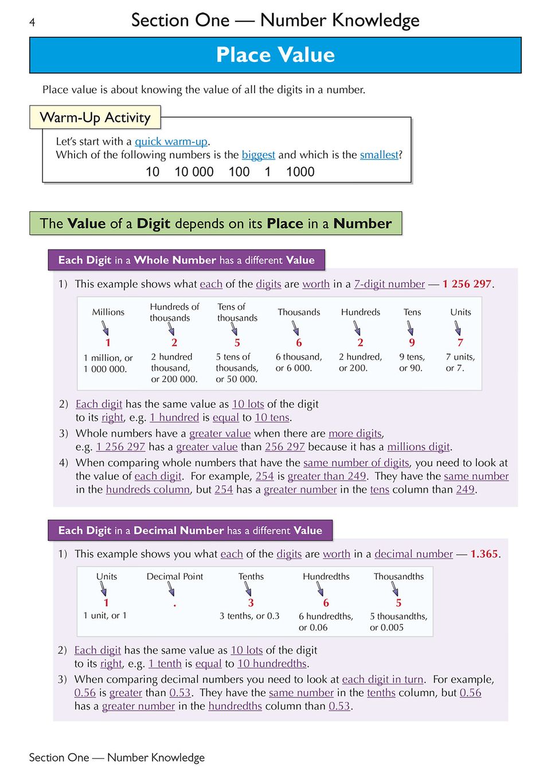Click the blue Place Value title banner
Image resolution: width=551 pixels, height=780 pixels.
pos(275,55)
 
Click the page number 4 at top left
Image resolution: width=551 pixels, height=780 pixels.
pos(32,22)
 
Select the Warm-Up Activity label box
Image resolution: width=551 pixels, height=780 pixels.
pos(95,118)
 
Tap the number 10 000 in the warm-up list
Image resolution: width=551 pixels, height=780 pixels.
pos(194,172)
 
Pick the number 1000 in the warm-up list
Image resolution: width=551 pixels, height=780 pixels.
pos(300,172)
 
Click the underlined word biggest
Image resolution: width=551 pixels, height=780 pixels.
pos(258,155)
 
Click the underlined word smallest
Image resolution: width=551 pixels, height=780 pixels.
pos(379,155)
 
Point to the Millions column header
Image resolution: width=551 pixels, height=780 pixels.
pos(108,312)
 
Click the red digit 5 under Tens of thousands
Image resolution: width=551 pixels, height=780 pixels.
pos(237,343)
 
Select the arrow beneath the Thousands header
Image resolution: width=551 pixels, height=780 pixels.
pos(295,328)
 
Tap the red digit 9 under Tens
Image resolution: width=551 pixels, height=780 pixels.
pos(412,343)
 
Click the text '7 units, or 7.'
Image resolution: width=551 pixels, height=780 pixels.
pos(460,362)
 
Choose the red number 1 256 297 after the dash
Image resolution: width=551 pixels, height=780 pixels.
pos(467,284)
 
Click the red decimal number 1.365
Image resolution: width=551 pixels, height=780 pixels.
pos(484,554)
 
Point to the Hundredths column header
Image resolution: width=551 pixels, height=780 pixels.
pos(326,576)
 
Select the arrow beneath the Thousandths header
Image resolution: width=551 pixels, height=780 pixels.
pos(395,589)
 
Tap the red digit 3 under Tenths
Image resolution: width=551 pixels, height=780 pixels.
pos(251,603)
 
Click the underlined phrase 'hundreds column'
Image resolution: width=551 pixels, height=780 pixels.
pos(147,490)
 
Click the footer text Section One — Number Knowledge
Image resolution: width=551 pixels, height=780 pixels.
pos(116,758)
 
